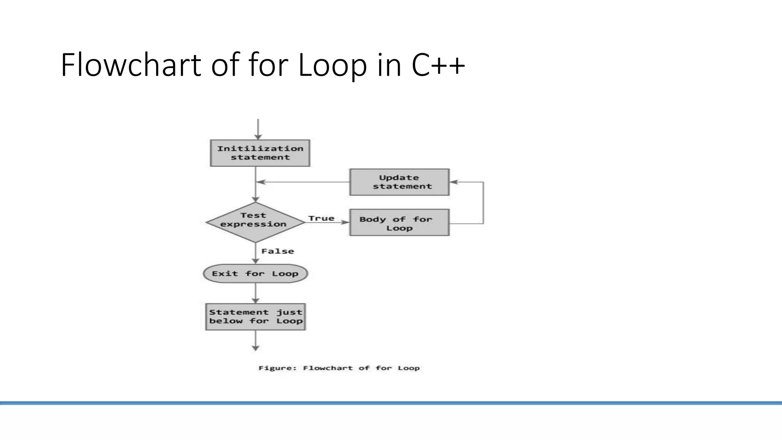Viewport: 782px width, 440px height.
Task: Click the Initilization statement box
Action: [x=260, y=153]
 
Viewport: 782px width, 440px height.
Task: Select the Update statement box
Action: [x=399, y=182]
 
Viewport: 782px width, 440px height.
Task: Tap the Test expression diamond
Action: [x=255, y=222]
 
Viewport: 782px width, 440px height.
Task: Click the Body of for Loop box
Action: [x=399, y=223]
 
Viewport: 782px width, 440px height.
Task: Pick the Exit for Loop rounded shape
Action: [x=255, y=273]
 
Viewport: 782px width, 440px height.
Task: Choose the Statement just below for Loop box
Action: [x=255, y=317]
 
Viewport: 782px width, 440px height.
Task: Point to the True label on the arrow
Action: [x=321, y=218]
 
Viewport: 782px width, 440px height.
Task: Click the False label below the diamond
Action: [x=278, y=251]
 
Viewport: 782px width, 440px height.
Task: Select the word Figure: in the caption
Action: [x=278, y=368]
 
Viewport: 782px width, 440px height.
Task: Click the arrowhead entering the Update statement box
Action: [x=454, y=182]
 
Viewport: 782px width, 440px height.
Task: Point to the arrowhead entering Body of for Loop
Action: [x=345, y=222]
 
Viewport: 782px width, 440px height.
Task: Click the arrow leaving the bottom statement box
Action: [x=255, y=341]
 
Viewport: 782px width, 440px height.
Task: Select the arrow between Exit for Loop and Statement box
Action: [x=255, y=293]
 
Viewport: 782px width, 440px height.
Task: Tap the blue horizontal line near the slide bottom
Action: [x=391, y=403]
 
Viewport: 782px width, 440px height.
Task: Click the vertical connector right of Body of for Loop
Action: [x=483, y=202]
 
